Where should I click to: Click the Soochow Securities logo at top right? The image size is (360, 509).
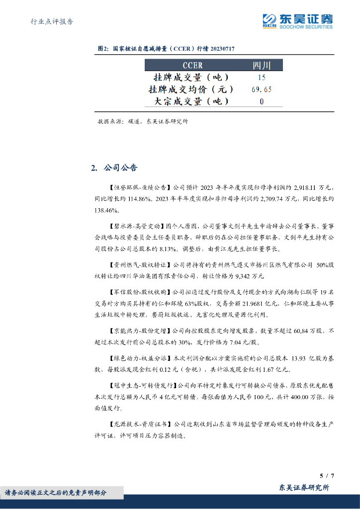(x=298, y=21)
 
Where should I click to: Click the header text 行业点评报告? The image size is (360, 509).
(x=52, y=21)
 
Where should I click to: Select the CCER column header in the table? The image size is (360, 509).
(x=193, y=65)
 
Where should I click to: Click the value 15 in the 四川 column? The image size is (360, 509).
(x=262, y=78)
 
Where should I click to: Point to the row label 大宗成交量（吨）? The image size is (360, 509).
(x=191, y=101)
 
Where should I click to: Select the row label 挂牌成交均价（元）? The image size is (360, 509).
(x=191, y=89)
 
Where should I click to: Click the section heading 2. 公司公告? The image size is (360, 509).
(x=114, y=168)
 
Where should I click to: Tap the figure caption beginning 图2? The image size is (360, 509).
(x=167, y=49)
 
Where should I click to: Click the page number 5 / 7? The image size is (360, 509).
(x=327, y=476)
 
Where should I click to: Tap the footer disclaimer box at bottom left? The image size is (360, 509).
(x=62, y=493)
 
